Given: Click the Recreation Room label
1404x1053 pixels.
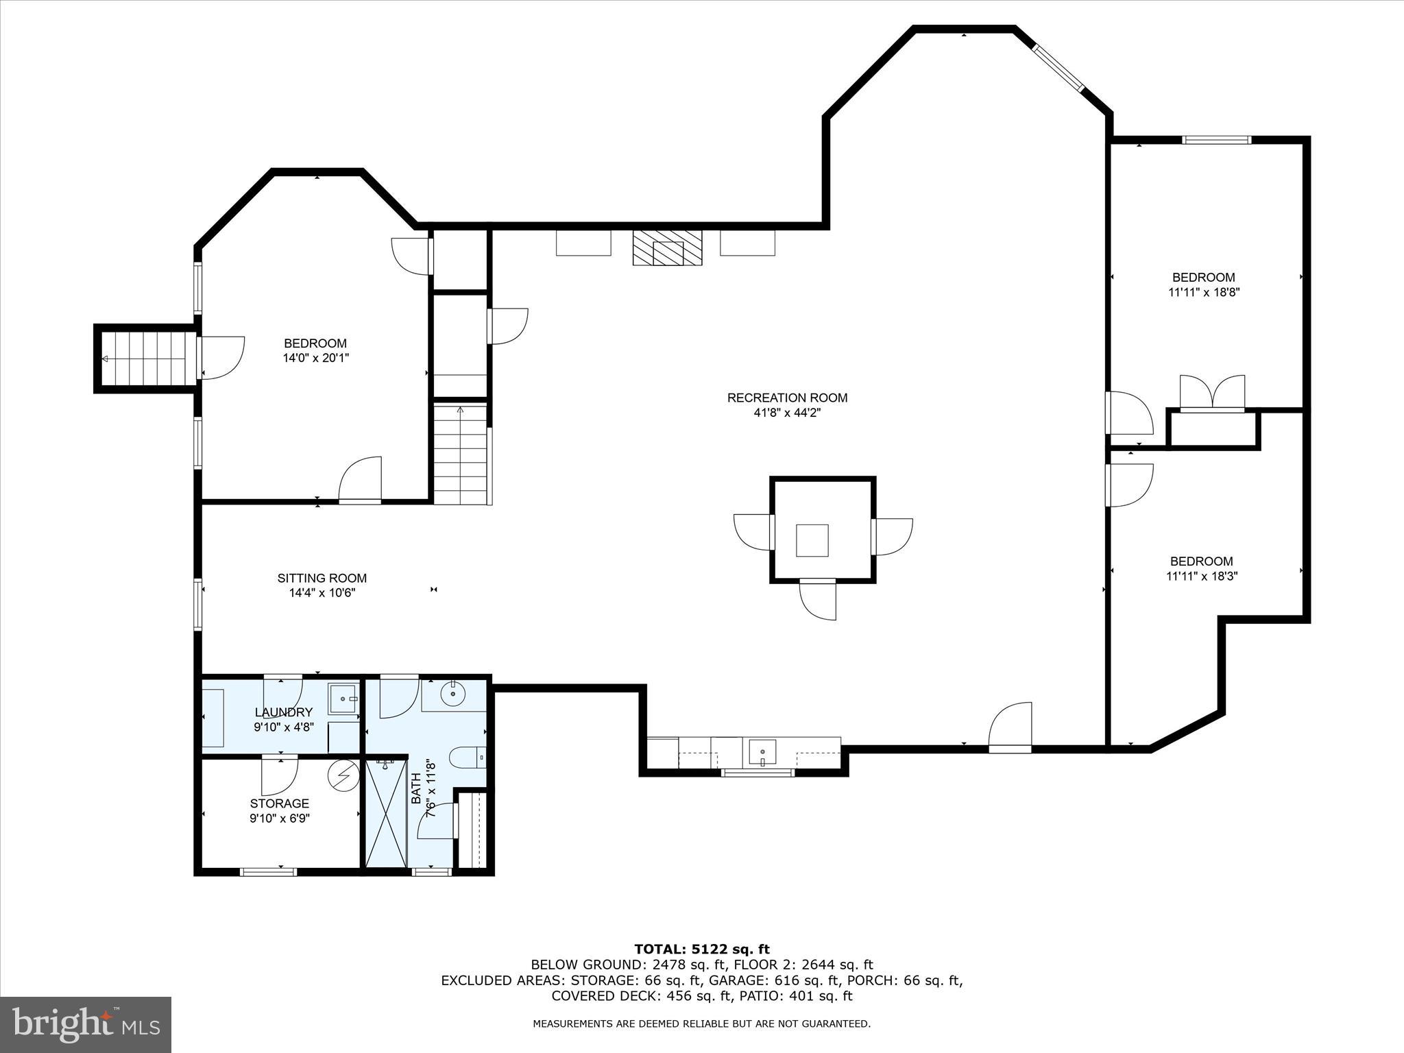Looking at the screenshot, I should point(787,398).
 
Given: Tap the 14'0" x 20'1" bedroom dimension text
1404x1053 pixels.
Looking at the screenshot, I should point(315,358).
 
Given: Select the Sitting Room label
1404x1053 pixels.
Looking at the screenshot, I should point(322,578).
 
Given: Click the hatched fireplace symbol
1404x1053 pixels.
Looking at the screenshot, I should point(668,247).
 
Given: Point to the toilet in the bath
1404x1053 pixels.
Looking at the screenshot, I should point(466,757).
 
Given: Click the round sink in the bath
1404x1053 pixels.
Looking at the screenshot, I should point(452,695).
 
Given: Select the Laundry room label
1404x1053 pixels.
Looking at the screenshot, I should point(283,712).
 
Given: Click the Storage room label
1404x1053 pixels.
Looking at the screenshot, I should point(279,803).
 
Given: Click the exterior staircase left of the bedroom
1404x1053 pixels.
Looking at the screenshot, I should point(146,359).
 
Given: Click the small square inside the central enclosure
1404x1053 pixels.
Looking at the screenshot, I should point(812,540).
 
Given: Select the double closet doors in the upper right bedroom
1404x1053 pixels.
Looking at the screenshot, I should point(1212,394).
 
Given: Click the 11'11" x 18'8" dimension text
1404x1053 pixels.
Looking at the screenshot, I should point(1204,292).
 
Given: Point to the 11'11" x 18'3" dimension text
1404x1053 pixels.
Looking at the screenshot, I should point(1201,577).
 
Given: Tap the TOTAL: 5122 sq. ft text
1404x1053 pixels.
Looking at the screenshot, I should point(702,949).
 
